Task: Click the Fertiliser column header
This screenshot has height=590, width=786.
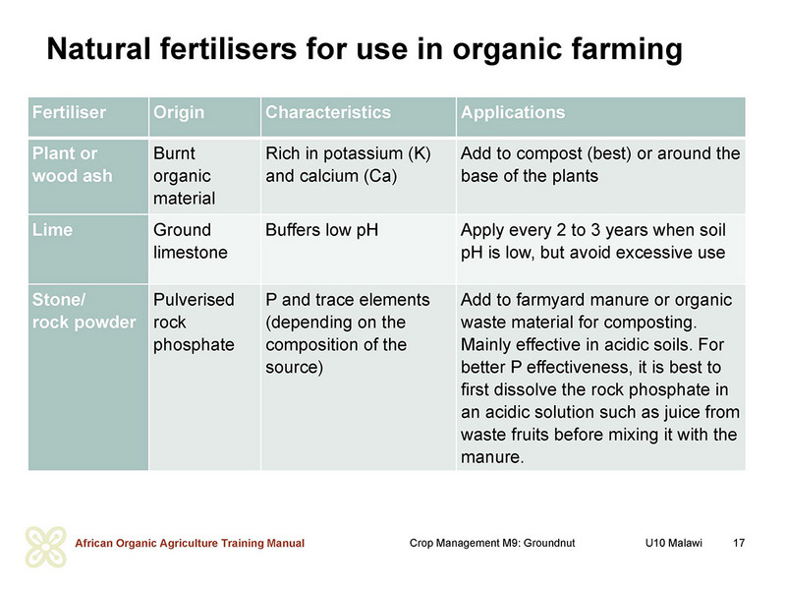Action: pos(69,112)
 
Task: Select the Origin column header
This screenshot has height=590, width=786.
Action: pos(179,113)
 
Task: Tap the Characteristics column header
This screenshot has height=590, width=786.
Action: pos(328,112)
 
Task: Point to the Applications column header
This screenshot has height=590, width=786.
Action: pos(513,113)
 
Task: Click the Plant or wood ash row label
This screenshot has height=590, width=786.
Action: pos(72,164)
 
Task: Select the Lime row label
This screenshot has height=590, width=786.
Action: pos(53,230)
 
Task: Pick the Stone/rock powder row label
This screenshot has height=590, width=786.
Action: pos(84,311)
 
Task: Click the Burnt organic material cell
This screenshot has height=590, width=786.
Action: pos(185,176)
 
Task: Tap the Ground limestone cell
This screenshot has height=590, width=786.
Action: pos(191,241)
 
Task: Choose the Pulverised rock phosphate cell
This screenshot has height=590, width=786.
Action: pos(194,323)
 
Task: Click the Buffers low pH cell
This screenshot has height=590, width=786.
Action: pos(322,230)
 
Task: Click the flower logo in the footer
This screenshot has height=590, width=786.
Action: pos(45,547)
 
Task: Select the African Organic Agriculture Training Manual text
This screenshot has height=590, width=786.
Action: pos(190,544)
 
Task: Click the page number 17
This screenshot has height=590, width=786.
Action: pos(739,543)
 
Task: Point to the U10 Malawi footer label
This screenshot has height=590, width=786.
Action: pos(674,543)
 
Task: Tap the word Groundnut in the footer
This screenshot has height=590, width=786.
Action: pos(549,543)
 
